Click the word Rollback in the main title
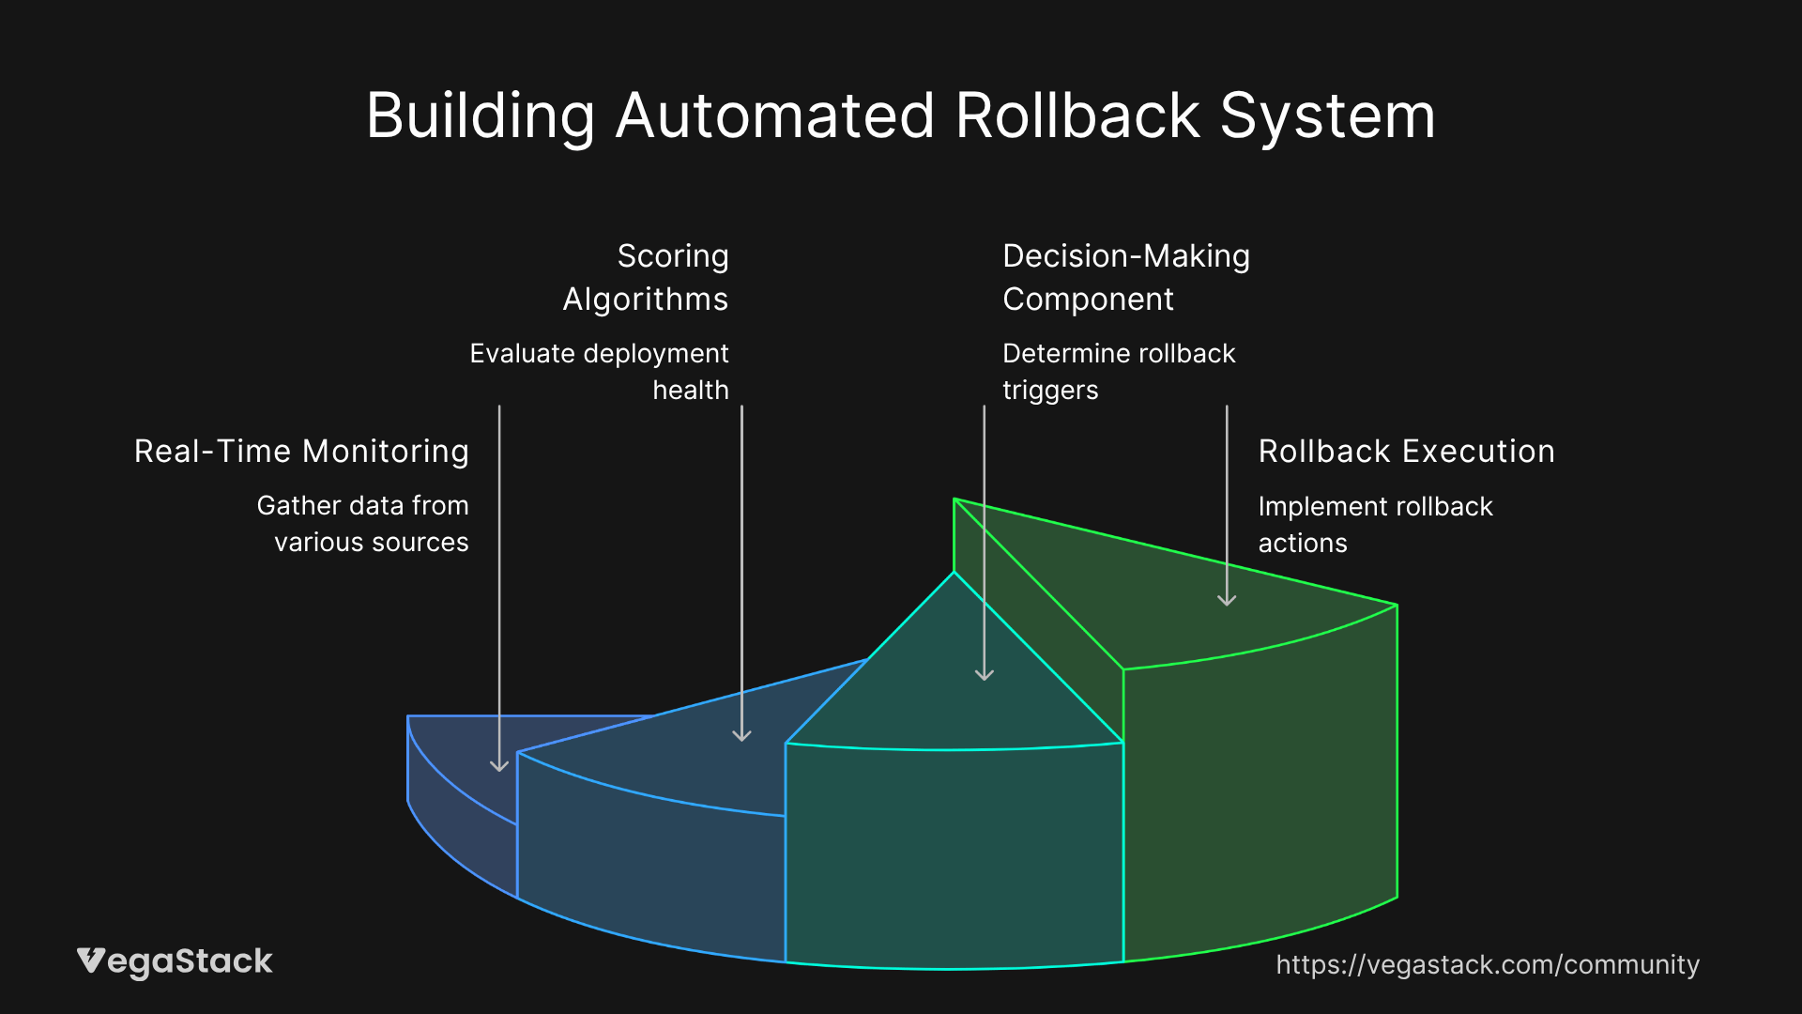tap(1077, 116)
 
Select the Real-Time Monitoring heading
tap(301, 452)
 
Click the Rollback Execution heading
tap(1406, 452)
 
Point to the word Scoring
tap(673, 257)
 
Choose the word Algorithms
tap(646, 300)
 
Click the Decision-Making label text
tap(1126, 257)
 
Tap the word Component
tap(1088, 300)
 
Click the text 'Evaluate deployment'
tap(599, 354)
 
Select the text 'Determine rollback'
tap(1119, 354)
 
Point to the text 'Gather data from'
tap(362, 506)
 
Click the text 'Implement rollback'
tap(1375, 507)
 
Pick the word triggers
tap(1050, 391)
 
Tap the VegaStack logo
tap(175, 962)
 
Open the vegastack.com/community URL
tap(1488, 965)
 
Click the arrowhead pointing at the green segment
tap(1227, 600)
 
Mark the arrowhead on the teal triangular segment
tap(984, 674)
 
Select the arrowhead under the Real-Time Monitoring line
tap(499, 765)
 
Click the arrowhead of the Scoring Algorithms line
tap(741, 735)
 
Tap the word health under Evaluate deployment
tap(691, 391)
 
